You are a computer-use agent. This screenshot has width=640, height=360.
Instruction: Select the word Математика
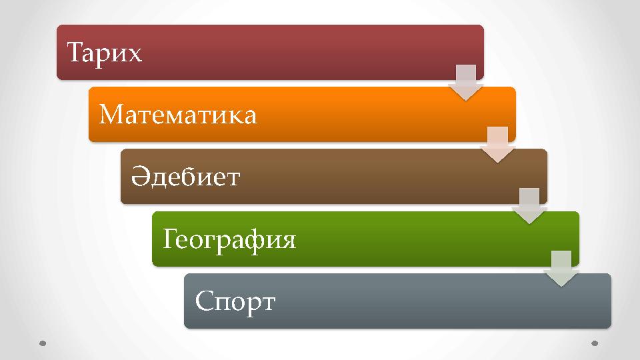click(177, 115)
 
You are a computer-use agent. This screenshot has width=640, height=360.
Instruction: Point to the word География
click(229, 239)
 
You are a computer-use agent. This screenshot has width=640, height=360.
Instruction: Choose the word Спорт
click(235, 301)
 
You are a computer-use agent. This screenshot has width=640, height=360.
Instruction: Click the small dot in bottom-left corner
click(43, 343)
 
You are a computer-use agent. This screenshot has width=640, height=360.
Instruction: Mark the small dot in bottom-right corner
click(595, 343)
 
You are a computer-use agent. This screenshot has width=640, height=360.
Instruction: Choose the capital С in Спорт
click(203, 301)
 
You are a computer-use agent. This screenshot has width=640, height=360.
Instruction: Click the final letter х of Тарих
click(135, 53)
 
